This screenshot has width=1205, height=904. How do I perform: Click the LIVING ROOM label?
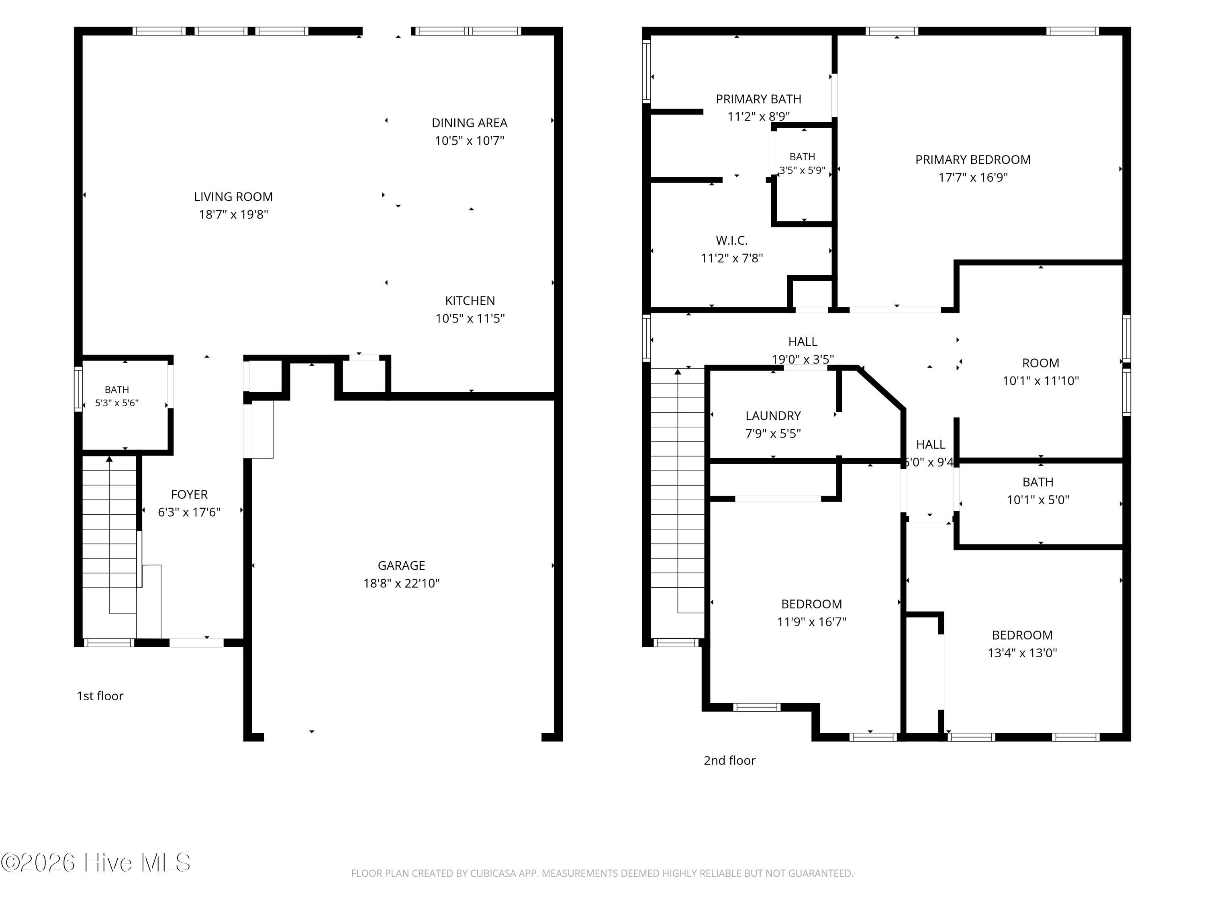click(233, 197)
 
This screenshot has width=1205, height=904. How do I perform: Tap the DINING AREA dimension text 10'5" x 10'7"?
click(470, 141)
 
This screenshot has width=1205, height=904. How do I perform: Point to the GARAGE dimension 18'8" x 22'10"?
click(402, 583)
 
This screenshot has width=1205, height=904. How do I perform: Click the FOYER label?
click(189, 494)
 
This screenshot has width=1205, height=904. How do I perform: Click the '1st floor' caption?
click(100, 696)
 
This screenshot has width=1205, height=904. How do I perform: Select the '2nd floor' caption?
click(729, 760)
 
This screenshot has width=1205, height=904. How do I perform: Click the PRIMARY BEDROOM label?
click(973, 160)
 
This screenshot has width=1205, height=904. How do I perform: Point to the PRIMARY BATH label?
click(758, 99)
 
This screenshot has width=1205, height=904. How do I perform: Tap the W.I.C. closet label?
click(731, 240)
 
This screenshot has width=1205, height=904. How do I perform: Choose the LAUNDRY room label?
click(773, 416)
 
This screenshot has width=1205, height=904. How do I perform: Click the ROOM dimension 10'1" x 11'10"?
click(1040, 381)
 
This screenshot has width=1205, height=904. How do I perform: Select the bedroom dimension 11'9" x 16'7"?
click(812, 622)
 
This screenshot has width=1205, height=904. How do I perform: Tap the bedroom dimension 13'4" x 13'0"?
click(1022, 653)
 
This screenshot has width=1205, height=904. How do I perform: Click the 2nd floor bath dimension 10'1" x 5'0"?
click(1038, 500)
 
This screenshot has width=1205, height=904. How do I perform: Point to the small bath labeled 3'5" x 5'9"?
click(803, 164)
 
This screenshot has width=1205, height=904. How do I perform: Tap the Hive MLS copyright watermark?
click(96, 862)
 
